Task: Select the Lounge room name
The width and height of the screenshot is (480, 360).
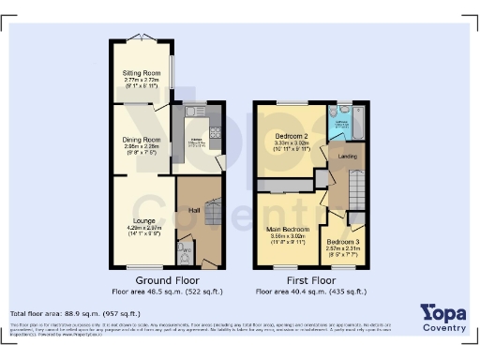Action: [x=142, y=221]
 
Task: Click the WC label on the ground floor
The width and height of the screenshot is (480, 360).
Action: [x=187, y=250]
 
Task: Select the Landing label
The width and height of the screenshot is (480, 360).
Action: [x=346, y=156]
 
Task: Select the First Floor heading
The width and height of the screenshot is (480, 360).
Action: [x=310, y=279]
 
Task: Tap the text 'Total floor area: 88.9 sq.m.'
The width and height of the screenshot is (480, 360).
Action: [x=75, y=313]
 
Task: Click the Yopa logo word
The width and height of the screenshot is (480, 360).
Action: [x=442, y=312]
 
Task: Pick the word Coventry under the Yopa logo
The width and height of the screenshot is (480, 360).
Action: [x=444, y=328]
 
